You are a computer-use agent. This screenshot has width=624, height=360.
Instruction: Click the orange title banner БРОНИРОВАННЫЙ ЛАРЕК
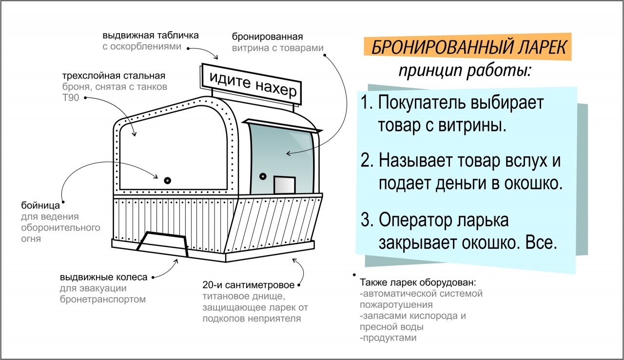click(468, 48)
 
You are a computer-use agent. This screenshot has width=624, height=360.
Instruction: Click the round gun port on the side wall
click(167, 180)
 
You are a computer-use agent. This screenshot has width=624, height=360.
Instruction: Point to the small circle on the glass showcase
click(263, 176)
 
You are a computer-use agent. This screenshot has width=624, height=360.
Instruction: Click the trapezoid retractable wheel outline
click(163, 242)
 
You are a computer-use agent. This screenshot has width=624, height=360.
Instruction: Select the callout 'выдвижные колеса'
click(103, 277)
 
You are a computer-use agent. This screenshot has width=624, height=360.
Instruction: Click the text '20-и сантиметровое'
click(248, 285)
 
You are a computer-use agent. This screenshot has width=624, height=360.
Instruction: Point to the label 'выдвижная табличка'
click(151, 36)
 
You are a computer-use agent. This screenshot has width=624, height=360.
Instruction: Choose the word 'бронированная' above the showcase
click(268, 37)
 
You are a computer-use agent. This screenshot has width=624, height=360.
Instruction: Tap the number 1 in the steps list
click(367, 103)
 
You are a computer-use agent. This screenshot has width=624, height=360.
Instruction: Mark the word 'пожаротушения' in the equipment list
click(396, 305)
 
